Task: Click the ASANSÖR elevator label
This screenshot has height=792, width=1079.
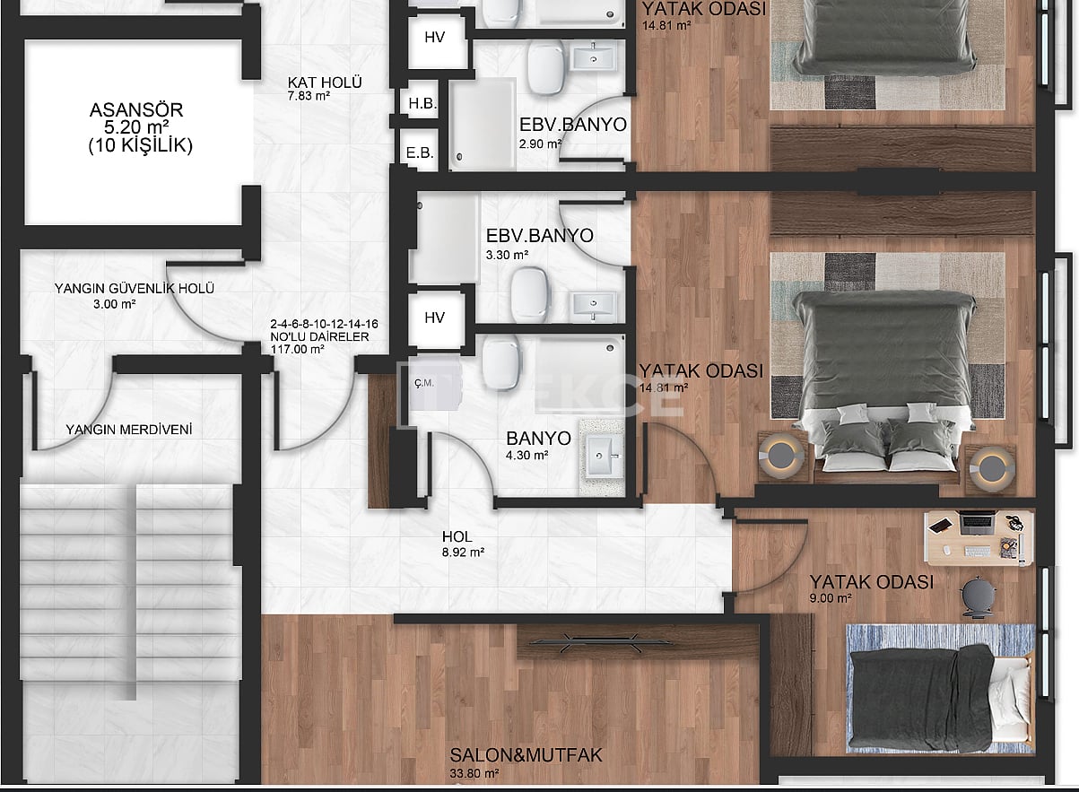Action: (136, 110)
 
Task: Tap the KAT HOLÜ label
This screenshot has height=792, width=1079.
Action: (324, 83)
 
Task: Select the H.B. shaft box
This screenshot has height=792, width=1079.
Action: (422, 104)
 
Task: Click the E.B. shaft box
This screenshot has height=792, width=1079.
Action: (420, 152)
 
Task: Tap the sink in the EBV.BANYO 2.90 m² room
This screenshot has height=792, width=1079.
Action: (593, 57)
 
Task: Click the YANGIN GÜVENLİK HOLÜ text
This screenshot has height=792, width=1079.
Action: (134, 289)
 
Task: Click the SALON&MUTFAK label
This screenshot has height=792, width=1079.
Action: (526, 755)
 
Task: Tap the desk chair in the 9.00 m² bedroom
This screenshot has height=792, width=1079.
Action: (977, 596)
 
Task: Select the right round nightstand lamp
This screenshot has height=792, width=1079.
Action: (992, 466)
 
